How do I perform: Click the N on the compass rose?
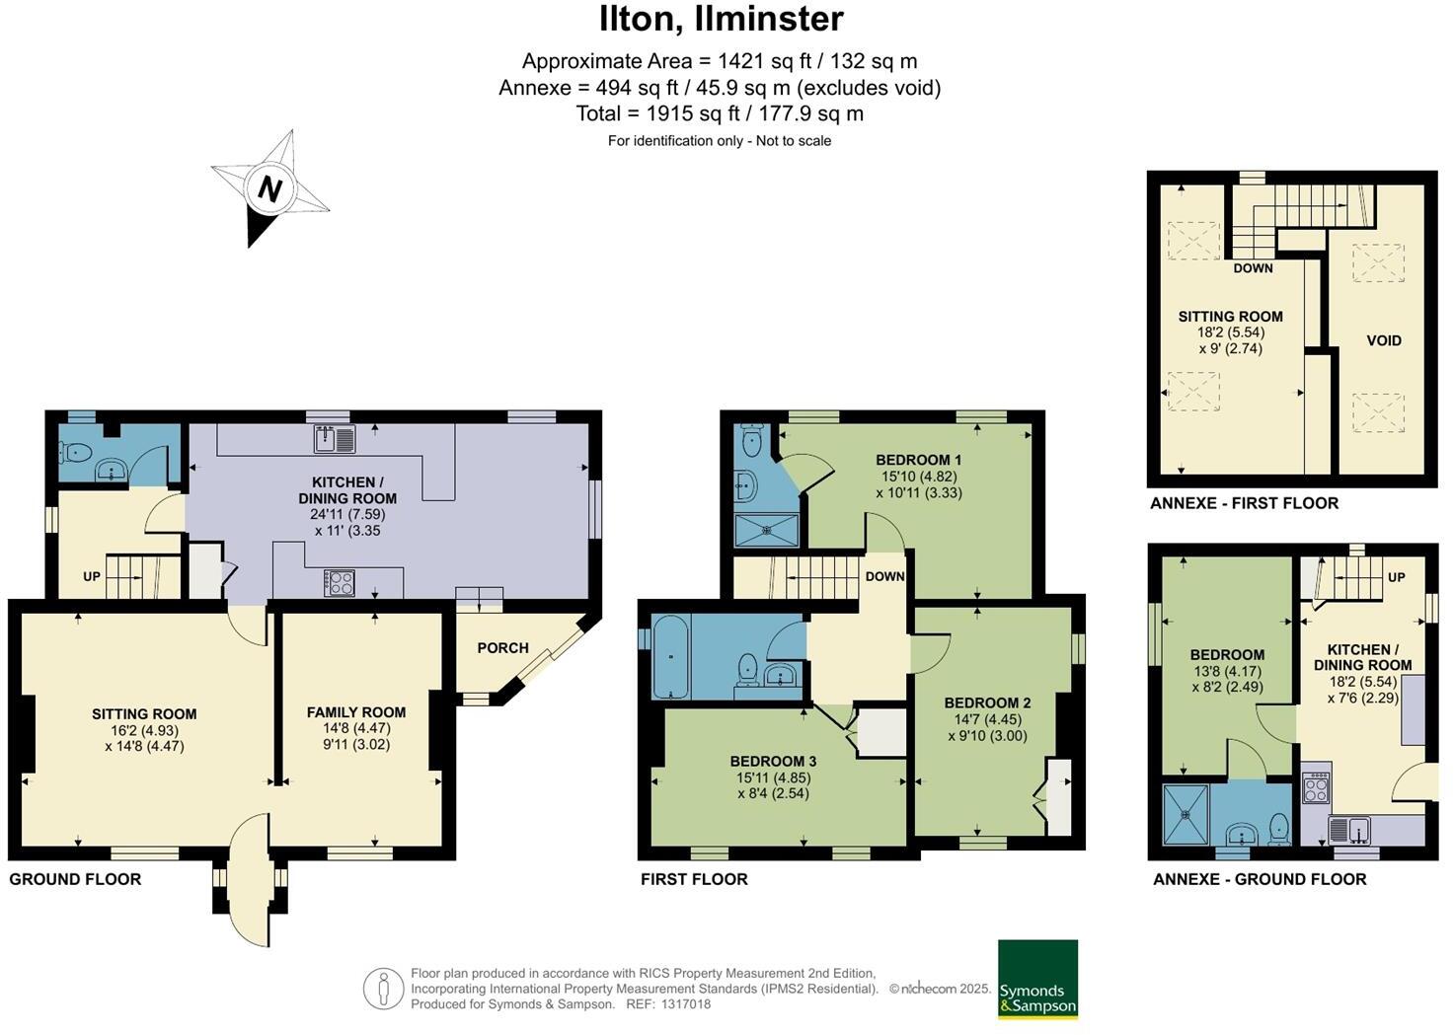[269, 187]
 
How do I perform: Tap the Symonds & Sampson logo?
[1037, 979]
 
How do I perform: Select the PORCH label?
[502, 648]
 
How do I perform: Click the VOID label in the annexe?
[1384, 340]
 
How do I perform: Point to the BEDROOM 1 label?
[918, 460]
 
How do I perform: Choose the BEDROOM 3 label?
[773, 762]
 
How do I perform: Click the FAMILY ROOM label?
[356, 712]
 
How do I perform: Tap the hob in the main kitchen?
[339, 583]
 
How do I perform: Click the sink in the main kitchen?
[336, 438]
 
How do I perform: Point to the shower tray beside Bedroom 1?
[767, 530]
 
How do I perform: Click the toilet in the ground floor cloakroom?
[76, 453]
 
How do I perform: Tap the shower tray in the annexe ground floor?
[1186, 815]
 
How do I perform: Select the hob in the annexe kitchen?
[1317, 786]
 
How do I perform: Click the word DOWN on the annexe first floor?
[1253, 268]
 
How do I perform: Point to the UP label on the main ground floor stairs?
[91, 576]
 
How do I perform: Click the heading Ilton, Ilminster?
[722, 19]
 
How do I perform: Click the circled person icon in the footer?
[383, 989]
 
